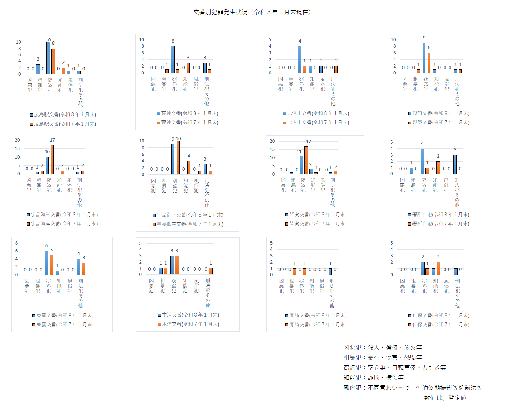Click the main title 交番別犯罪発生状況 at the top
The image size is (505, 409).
[252, 12]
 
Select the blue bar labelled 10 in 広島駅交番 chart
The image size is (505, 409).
[48, 58]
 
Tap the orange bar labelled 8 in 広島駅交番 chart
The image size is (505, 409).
[53, 61]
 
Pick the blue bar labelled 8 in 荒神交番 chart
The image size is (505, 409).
[173, 59]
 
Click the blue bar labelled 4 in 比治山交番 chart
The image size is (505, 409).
[300, 59]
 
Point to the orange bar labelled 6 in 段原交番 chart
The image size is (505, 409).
[429, 63]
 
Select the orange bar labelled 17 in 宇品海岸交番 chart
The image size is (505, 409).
[52, 159]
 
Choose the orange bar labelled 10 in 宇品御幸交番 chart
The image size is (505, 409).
[178, 158]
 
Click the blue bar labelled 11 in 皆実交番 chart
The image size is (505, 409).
[301, 165]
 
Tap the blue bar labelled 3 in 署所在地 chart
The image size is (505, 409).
[455, 164]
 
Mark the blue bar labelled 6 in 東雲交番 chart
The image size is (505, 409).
[47, 263]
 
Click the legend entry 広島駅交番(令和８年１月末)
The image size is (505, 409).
[63, 114]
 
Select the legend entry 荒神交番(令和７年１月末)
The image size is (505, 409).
[188, 122]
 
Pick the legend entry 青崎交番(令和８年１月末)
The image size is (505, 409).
[316, 315]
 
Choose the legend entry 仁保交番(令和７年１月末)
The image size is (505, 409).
[439, 325]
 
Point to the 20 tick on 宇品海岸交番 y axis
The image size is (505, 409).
[18, 140]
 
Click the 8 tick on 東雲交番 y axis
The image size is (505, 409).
[16, 243]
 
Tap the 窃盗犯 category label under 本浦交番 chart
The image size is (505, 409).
[174, 286]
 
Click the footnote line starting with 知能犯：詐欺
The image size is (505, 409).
[373, 378]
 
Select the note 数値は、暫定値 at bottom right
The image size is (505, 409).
[445, 398]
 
